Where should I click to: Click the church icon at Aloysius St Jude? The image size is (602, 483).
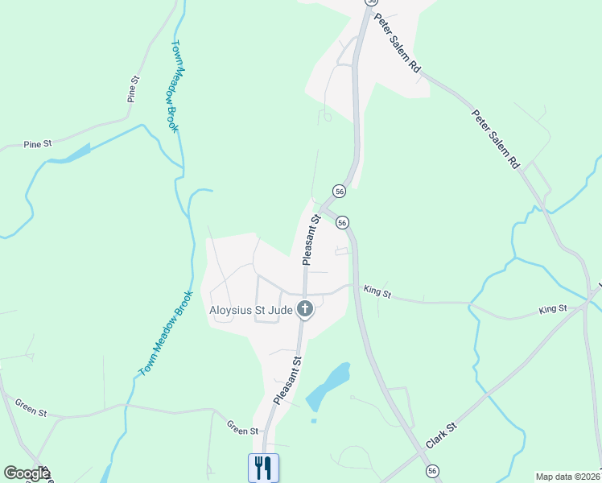(304, 309)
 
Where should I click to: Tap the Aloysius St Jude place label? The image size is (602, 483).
(251, 309)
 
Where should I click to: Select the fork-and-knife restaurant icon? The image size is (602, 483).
(264, 467)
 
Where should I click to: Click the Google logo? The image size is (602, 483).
(27, 473)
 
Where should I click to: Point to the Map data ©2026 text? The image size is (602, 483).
(568, 476)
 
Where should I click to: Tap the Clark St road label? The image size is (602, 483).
(441, 435)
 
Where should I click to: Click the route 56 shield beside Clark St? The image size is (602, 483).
(432, 470)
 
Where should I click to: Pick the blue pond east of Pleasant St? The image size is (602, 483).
(329, 385)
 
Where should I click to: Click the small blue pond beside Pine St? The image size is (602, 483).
(70, 153)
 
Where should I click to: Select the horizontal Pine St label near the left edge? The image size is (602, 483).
(37, 144)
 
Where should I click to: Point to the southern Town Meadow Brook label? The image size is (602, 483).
(167, 333)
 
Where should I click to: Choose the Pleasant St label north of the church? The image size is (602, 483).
(311, 240)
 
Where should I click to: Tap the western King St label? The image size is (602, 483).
(377, 291)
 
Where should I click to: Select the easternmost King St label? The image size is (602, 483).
(553, 308)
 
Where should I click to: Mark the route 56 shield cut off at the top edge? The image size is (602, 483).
(371, 2)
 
